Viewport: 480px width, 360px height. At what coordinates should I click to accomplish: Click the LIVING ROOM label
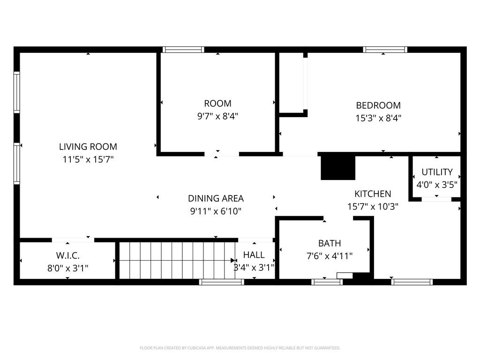click(x=88, y=147)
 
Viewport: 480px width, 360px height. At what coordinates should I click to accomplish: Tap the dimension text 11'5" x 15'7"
click(x=88, y=159)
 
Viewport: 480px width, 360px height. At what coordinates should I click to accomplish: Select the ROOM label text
click(x=217, y=104)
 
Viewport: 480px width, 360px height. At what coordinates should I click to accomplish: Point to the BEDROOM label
click(x=378, y=105)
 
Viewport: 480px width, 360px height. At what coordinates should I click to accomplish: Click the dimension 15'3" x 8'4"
click(x=378, y=118)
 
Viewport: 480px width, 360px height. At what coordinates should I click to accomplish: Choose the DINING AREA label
click(x=216, y=198)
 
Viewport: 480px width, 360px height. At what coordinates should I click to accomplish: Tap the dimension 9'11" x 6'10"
click(x=216, y=211)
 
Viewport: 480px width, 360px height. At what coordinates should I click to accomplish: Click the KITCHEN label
click(x=372, y=194)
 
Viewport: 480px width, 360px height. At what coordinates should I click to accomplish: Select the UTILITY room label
click(x=437, y=172)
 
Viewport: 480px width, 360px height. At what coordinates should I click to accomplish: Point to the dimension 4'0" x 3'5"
click(x=437, y=185)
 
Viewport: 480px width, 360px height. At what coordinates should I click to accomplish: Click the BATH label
click(x=330, y=243)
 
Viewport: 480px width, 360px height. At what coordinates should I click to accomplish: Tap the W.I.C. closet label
click(x=68, y=255)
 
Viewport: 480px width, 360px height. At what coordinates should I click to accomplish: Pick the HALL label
click(x=254, y=255)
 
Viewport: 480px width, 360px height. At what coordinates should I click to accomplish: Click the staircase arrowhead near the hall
click(x=233, y=260)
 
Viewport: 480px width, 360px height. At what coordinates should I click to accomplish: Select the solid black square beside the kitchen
click(x=337, y=167)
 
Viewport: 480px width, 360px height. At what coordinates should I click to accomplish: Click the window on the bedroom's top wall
click(x=385, y=50)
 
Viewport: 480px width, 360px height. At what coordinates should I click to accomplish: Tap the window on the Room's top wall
click(x=183, y=50)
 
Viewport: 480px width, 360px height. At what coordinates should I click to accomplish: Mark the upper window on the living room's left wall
click(x=17, y=92)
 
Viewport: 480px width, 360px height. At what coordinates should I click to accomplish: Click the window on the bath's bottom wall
click(x=327, y=282)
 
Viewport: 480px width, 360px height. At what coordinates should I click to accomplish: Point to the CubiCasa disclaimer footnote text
click(x=240, y=348)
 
